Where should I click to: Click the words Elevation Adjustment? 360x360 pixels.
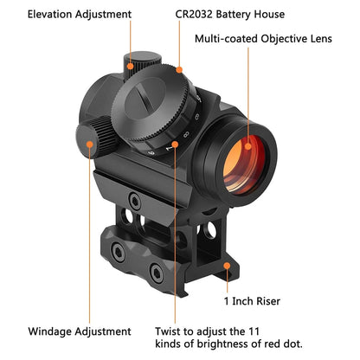(79, 15)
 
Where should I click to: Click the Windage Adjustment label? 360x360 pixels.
(79, 331)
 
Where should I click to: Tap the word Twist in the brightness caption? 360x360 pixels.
(171, 331)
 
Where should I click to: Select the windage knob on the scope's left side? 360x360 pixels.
(89, 138)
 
